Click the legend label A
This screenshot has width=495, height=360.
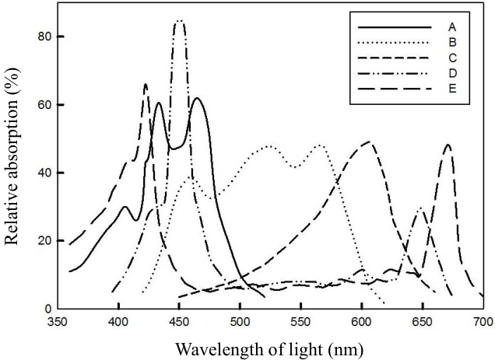pyautogui.click(x=452, y=27)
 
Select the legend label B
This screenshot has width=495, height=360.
pyautogui.click(x=452, y=43)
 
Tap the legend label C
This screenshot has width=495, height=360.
pyautogui.click(x=452, y=58)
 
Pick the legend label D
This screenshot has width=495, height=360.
pyautogui.click(x=452, y=73)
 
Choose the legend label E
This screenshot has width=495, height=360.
pyautogui.click(x=452, y=89)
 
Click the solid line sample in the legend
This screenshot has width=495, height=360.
pyautogui.click(x=395, y=28)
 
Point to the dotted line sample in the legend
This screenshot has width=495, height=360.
pyautogui.click(x=393, y=43)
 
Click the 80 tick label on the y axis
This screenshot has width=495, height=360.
pyautogui.click(x=45, y=37)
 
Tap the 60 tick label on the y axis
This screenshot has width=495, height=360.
pyautogui.click(x=45, y=105)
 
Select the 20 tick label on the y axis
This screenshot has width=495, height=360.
pyautogui.click(x=45, y=241)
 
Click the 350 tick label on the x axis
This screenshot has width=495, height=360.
pyautogui.click(x=59, y=322)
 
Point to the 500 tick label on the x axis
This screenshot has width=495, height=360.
pyautogui.click(x=240, y=322)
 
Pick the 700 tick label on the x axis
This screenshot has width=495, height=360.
pyautogui.click(x=483, y=322)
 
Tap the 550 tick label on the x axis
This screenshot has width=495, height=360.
pyautogui.click(x=301, y=322)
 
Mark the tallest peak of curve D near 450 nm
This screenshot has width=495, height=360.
pyautogui.click(x=180, y=21)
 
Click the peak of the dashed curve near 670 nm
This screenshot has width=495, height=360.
pyautogui.click(x=448, y=145)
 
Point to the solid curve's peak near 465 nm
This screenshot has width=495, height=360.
pyautogui.click(x=198, y=98)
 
